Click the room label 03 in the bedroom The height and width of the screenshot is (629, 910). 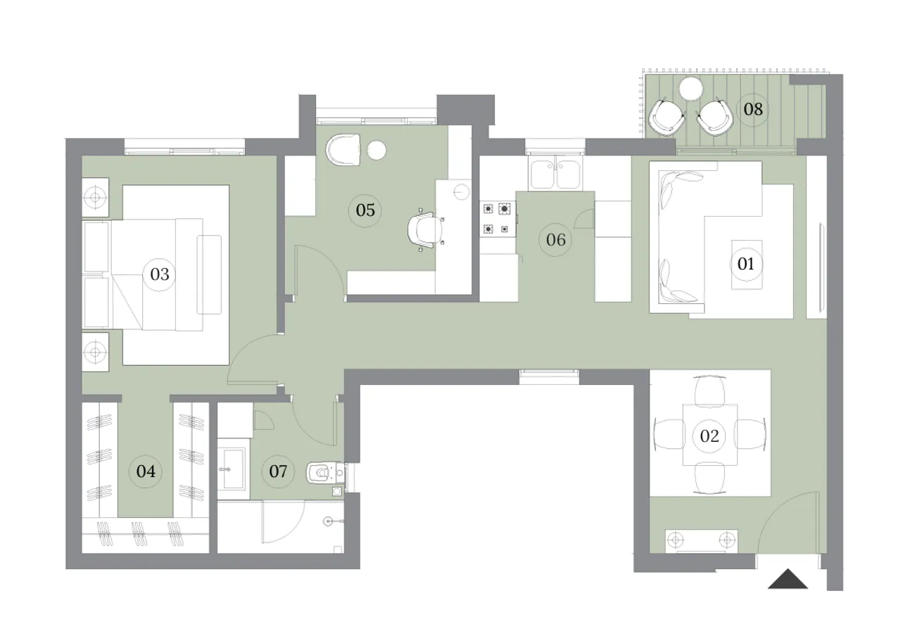pos(160,274)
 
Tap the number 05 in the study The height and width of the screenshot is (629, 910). pos(365,210)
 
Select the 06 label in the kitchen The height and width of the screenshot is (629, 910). pos(555,240)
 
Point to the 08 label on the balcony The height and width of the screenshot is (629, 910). pos(752,109)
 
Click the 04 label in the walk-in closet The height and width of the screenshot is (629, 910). pos(146,471)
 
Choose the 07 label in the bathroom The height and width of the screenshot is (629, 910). pos(278,471)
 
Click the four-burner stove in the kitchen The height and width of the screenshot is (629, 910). pos(496,218)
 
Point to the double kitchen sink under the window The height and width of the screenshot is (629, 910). pos(555,173)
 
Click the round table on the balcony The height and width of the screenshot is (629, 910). pos(692,89)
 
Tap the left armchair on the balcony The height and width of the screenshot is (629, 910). pos(666,117)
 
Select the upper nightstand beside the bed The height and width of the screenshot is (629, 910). pos(95,198)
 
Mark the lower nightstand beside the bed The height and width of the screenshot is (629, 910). pos(95,351)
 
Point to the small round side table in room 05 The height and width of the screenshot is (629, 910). pos(377,151)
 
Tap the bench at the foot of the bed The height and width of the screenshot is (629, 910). pos(209,274)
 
